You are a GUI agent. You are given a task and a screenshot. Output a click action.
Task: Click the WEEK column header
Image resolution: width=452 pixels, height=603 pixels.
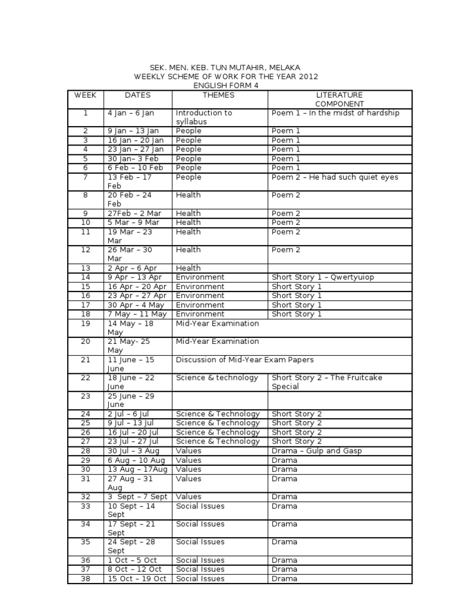85,95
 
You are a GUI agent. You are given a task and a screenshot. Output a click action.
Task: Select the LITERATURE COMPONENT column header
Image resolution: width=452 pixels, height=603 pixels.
340,100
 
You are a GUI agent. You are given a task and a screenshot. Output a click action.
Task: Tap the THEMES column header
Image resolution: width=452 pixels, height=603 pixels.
218,95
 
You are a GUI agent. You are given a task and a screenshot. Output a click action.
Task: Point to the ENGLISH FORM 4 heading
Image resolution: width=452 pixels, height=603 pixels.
226,85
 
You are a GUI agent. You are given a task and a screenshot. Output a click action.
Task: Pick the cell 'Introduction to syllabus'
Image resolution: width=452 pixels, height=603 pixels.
204,117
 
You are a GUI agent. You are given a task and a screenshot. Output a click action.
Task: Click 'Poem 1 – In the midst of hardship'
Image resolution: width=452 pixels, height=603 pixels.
335,113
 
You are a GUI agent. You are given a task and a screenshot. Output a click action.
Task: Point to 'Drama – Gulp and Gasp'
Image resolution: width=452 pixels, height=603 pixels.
317,451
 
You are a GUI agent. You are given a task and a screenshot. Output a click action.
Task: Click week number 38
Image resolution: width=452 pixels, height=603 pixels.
85,579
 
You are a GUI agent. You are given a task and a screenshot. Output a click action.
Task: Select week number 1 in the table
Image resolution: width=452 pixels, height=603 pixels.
85,113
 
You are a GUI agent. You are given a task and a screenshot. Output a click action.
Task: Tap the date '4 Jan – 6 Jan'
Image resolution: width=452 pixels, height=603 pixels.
131,113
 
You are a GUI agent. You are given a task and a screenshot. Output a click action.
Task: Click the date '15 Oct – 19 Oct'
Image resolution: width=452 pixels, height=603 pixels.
137,579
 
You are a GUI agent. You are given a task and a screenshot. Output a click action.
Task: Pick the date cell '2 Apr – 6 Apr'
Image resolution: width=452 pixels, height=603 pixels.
132,268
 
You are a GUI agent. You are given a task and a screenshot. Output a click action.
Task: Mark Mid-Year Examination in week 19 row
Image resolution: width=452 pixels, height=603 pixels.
217,323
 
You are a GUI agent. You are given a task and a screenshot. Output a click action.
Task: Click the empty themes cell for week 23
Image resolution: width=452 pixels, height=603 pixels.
220,400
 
